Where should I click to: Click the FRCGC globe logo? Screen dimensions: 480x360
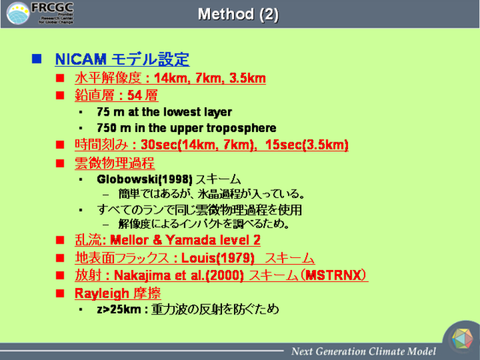point(18,13)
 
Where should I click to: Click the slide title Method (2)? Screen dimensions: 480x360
point(238,14)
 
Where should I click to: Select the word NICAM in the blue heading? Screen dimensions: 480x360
point(81,59)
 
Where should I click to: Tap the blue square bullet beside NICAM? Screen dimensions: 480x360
point(37,58)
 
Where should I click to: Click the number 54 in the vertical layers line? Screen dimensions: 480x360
point(134,95)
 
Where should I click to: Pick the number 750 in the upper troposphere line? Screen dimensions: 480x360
point(106,128)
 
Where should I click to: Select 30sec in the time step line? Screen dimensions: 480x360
point(159,145)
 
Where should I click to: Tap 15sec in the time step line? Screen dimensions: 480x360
point(283,145)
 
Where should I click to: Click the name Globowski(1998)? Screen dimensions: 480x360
point(145,179)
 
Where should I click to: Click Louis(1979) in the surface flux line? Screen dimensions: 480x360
point(217,258)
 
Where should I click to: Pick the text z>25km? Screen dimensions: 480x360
point(118,309)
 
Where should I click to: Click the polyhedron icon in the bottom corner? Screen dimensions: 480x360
point(463,339)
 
